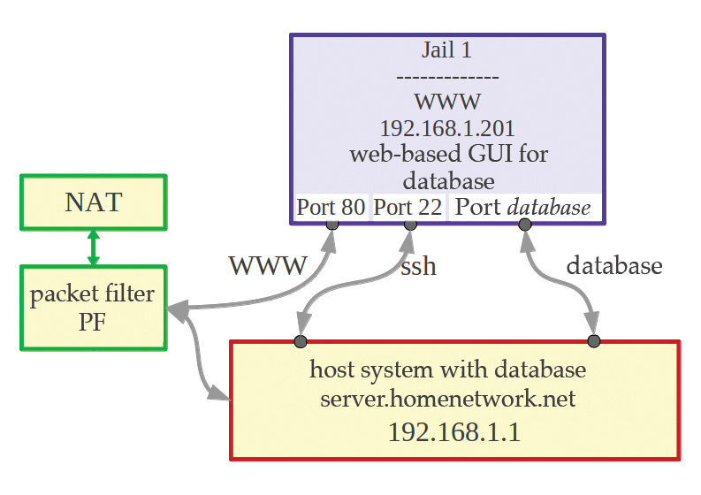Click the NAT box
click(93, 202)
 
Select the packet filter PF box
click(93, 307)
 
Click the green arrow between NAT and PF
click(93, 247)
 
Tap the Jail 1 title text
click(447, 50)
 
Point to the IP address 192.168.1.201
click(447, 126)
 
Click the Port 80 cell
click(331, 208)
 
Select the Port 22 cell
click(409, 208)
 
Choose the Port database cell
click(523, 208)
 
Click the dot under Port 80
click(332, 225)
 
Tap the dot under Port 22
click(410, 225)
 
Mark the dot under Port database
click(525, 225)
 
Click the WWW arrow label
click(268, 265)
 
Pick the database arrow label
click(613, 265)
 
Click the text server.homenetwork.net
click(447, 400)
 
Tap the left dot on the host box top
click(301, 340)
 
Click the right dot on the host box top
click(593, 340)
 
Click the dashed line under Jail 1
click(447, 76)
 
